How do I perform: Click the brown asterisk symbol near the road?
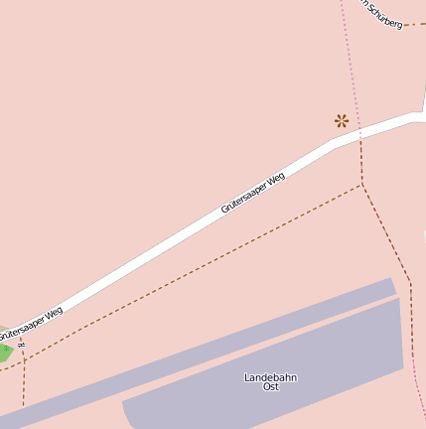(x=342, y=120)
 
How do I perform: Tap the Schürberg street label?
(x=382, y=14)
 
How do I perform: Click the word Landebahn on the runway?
(x=270, y=377)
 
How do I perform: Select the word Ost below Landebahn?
(x=270, y=387)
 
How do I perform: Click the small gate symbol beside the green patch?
(x=21, y=345)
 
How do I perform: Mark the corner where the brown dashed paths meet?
(x=362, y=184)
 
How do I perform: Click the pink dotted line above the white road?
(x=350, y=60)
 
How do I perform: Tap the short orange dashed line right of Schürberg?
(x=415, y=24)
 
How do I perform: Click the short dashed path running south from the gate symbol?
(x=23, y=382)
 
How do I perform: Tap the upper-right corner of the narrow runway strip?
(x=393, y=279)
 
